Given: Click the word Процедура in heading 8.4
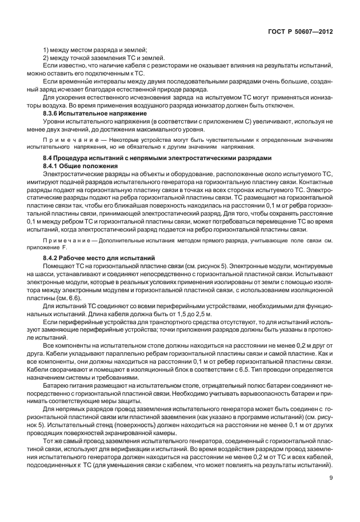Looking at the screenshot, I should (x=74, y=158).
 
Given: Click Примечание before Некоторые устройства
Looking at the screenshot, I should (x=65, y=140).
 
